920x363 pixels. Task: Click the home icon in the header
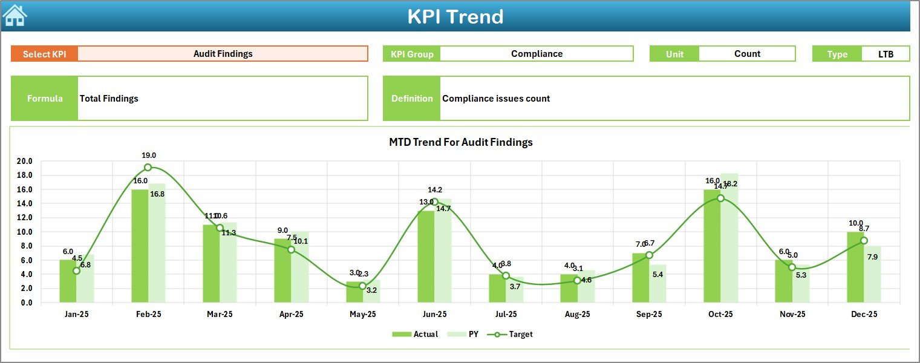[x=15, y=15]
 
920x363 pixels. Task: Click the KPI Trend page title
[x=455, y=16]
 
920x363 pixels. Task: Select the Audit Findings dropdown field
[x=223, y=54]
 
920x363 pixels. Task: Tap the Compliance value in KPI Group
[x=537, y=54]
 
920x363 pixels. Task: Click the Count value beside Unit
[x=747, y=54]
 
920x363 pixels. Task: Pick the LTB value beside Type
[x=886, y=54]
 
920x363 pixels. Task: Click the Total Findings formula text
[x=109, y=99]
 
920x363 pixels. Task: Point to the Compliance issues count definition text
[x=496, y=99]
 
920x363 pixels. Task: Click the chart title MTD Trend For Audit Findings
[x=460, y=142]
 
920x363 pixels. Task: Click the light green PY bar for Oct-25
[x=729, y=238]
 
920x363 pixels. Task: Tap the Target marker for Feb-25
[x=148, y=168]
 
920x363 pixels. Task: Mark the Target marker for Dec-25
[x=864, y=241]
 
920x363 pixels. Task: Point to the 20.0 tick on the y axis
[x=25, y=162]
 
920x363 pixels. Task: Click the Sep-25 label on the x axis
[x=649, y=315]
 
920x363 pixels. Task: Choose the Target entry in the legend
[x=514, y=334]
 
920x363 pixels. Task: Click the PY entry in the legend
[x=465, y=334]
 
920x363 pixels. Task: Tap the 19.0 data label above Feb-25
[x=149, y=155]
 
